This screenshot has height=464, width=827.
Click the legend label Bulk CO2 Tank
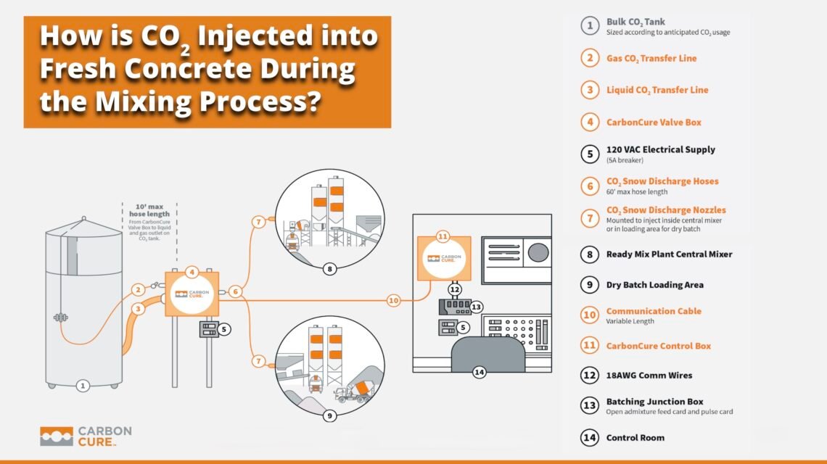point(635,22)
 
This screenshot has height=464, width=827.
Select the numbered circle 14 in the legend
point(589,438)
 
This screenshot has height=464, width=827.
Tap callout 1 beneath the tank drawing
point(83,386)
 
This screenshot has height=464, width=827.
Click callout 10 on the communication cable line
point(393,299)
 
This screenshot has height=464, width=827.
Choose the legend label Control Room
point(635,438)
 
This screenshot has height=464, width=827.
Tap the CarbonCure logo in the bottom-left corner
point(86,435)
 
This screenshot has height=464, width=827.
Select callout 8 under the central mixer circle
point(330,269)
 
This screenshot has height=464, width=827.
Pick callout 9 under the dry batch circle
point(329,416)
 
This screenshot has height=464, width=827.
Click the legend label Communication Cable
point(654,311)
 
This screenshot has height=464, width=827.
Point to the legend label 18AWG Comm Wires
point(649,376)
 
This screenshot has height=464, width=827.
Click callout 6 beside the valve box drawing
point(235,291)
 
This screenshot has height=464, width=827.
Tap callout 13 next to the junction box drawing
point(477,307)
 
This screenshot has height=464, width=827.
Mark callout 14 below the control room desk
point(478,373)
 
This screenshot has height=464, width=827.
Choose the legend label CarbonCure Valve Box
point(654,123)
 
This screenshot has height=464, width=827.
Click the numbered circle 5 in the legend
point(589,154)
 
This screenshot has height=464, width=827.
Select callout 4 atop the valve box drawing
point(192,273)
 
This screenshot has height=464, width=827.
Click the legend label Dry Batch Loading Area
point(654,285)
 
